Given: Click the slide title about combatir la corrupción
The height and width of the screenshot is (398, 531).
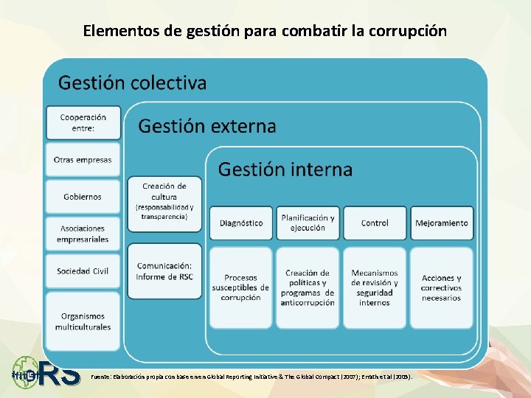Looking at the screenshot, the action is pos(265,31).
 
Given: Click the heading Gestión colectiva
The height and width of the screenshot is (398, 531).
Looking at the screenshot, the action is pos(133,82).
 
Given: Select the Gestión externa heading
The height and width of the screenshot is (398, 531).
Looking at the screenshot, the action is pos(207,126).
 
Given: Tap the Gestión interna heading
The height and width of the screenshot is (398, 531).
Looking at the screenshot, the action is pos(285,170).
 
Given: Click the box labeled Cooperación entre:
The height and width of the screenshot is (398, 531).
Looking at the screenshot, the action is pos(83,123).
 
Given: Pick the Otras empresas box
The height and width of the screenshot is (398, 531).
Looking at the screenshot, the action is pos(83,160).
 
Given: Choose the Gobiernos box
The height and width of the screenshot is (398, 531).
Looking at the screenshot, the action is pos(83,197).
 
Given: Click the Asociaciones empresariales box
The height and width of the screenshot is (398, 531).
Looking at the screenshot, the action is pos(83,234).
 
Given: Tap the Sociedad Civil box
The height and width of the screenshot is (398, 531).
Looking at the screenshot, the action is pos(83,271).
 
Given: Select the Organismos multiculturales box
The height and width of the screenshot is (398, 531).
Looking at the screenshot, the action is pos(83,321).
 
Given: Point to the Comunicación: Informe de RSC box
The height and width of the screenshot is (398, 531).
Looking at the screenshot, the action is pos(164,270).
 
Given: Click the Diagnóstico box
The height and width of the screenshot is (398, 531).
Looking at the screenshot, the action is pos(241,223).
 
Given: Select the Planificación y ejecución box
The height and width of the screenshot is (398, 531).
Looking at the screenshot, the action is pos(308,223).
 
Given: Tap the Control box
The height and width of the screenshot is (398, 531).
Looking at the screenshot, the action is pos(375,223).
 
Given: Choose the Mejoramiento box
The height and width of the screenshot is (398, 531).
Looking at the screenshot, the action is pos(441,223).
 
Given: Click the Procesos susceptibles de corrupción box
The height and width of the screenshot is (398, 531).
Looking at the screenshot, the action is pos(241,287).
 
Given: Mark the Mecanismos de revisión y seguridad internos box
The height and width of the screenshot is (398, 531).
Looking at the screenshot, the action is pos(375,287).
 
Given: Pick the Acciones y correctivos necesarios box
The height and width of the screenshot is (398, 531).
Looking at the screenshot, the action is pos(441,287).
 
